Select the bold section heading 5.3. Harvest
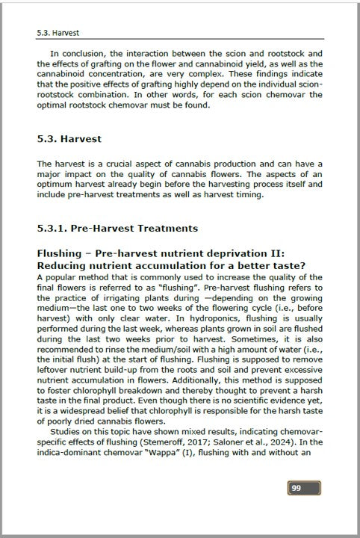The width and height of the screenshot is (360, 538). point(69,139)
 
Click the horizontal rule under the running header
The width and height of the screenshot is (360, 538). point(180,40)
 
